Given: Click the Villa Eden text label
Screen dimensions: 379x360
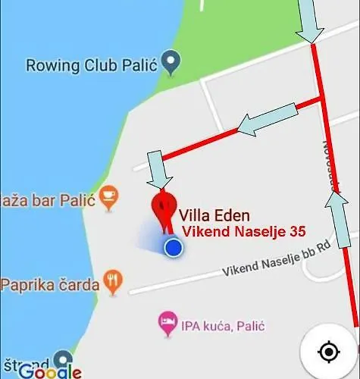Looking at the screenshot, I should coord(214,216).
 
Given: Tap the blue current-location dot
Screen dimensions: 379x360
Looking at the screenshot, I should coord(174,247).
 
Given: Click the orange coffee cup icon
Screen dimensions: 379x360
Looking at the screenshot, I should coord(109,195).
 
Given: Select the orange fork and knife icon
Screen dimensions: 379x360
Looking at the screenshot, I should coord(114,280).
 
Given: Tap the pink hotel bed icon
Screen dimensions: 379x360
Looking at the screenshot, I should coord(167,326).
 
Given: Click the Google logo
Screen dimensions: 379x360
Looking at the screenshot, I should coord(50,371).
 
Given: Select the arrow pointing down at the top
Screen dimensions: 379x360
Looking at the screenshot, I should coord(309,20).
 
